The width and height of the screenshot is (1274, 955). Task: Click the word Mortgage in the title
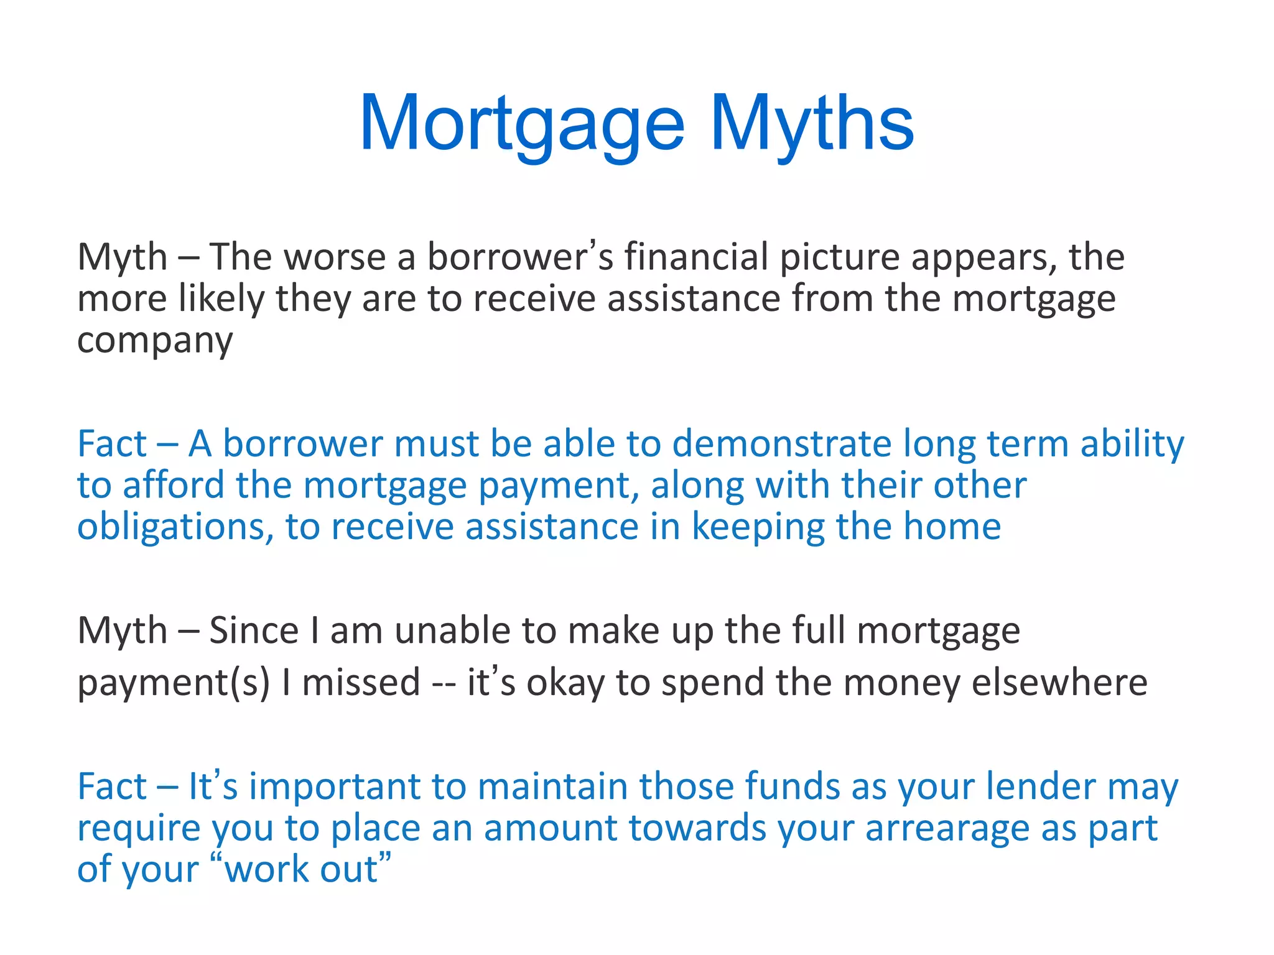click(x=521, y=124)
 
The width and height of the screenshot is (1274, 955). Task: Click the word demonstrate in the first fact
click(x=781, y=444)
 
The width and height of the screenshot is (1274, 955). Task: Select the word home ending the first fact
click(x=952, y=527)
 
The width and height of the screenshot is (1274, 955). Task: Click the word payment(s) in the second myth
click(x=174, y=683)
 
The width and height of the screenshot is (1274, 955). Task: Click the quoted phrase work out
click(x=301, y=870)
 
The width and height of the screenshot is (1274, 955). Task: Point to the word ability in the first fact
click(x=1132, y=444)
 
